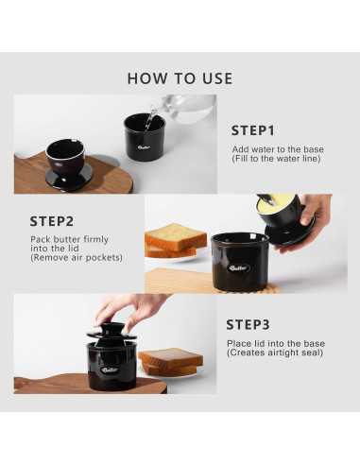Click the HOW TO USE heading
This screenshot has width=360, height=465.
point(180,78)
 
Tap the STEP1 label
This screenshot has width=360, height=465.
point(253,130)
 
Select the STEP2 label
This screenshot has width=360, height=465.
point(52,221)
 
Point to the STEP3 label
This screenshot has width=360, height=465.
point(249,325)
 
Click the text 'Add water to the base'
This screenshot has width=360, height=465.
point(278,149)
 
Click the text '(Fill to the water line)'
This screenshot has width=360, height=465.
point(276,159)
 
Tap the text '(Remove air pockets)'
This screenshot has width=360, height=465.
point(77,258)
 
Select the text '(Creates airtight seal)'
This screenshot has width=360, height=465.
point(275,353)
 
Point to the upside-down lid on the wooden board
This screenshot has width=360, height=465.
point(67,164)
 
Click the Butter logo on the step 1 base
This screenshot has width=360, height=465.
point(144,147)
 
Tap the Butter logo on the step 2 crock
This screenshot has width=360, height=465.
point(239,268)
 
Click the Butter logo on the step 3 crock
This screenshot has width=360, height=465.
point(110,370)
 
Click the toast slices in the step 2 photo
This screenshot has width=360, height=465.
point(175,240)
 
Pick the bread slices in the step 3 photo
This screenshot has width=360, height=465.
point(170,362)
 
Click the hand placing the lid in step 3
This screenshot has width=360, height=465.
point(130,311)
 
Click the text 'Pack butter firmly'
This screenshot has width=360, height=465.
point(69,239)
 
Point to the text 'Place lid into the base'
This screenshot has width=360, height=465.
point(276,343)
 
